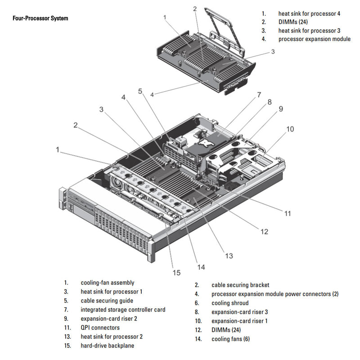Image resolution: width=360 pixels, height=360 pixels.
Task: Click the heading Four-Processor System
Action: tap(40, 18)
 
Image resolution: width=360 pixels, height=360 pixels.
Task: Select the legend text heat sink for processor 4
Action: tap(309, 13)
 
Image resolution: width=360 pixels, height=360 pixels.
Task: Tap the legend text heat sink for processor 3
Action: tap(309, 31)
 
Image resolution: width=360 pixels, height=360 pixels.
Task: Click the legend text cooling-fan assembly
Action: tap(107, 283)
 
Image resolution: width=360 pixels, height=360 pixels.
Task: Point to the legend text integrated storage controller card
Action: tap(123, 310)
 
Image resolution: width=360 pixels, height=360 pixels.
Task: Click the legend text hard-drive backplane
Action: tap(107, 346)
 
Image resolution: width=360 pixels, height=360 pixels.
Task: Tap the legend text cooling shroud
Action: tap(229, 303)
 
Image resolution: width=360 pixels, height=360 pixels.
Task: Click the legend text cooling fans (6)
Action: tap(230, 339)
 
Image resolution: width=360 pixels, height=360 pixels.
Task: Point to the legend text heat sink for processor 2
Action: tap(112, 337)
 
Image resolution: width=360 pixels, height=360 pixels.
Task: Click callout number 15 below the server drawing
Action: tap(176, 272)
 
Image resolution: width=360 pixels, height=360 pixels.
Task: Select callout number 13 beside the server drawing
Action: tap(229, 256)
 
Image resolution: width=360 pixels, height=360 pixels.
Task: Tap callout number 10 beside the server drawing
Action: tap(290, 129)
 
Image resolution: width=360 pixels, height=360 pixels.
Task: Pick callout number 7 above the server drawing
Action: tap(259, 95)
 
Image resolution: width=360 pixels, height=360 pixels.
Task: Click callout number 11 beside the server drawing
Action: tap(288, 213)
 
